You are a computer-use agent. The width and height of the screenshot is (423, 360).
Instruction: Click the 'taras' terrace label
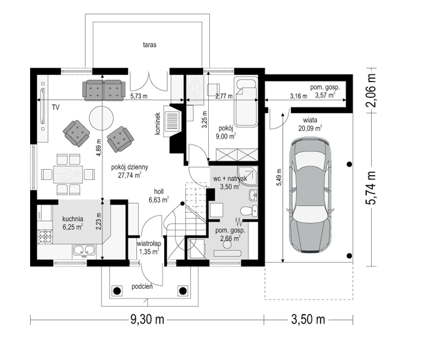[150, 45]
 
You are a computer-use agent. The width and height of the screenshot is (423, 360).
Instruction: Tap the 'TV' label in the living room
[56, 108]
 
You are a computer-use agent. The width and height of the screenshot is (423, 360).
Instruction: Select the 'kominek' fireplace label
[158, 123]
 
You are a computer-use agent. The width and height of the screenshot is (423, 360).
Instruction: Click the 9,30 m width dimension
[147, 320]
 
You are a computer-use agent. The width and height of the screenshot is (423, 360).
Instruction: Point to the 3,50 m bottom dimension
[308, 320]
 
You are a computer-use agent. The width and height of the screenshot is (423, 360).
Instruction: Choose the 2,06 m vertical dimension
[371, 90]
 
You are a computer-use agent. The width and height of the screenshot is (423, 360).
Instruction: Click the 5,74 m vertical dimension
[371, 188]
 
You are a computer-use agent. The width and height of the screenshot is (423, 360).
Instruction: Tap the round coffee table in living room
[101, 118]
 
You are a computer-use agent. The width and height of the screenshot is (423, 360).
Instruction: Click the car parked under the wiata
[310, 195]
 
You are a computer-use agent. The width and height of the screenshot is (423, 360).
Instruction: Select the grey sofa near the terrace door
[104, 90]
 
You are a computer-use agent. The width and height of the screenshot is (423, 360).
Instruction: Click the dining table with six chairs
[68, 175]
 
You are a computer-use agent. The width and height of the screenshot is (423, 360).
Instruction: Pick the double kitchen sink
[84, 250]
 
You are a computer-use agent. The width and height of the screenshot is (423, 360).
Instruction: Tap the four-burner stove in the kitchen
[45, 237]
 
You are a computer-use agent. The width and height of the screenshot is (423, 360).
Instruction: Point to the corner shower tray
[247, 176]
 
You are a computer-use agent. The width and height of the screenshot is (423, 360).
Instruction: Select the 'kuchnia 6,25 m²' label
[72, 223]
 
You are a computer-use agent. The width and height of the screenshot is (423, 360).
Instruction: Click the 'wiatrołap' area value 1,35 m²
[148, 252]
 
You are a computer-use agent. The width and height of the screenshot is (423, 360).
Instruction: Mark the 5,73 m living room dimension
[139, 96]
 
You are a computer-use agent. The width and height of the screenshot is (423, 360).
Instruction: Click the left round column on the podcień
[117, 291]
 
